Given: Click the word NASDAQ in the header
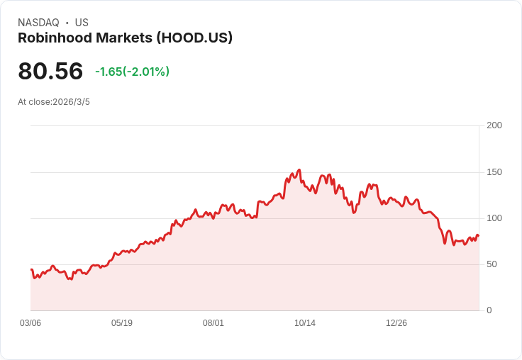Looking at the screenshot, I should tap(39, 23).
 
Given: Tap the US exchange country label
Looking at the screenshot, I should tap(82, 23).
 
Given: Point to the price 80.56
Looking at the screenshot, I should tap(50, 72).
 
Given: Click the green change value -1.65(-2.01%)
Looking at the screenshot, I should tap(132, 72).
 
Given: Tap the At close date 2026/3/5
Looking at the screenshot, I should tap(71, 102).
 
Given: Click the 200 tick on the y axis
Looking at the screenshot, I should tap(494, 125).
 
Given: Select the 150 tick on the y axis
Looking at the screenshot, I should tap(494, 172).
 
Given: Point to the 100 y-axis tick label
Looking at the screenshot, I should tap(494, 218).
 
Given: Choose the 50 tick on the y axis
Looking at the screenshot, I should tap(492, 264).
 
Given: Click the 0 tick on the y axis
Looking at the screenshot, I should tap(489, 310).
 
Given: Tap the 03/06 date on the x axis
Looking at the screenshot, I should tap(30, 323).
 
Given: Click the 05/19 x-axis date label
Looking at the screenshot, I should tap(122, 323).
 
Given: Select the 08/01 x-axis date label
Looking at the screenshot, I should tap(213, 323).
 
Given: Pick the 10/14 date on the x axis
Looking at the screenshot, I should tap(305, 323).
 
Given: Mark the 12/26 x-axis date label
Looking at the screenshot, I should tap(396, 323).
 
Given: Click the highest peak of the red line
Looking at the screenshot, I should tap(299, 170).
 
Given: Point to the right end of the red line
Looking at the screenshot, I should tap(479, 235).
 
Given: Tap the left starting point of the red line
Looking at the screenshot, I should tap(31, 269).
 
